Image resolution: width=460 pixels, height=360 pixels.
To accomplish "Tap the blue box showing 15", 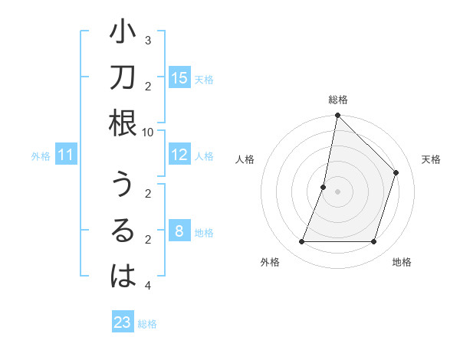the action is coord(179,77).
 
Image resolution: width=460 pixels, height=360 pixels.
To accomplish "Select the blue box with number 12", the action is coord(179,155).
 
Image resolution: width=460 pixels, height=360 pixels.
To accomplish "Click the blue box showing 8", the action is coord(179,231).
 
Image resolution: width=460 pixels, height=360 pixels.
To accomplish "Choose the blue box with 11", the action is coord(66,155).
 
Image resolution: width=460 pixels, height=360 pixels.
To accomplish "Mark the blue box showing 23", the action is coord(123,322).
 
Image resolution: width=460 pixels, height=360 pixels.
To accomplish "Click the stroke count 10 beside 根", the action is coord(149,132).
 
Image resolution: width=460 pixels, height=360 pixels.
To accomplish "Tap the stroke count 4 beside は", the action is coord(148,286).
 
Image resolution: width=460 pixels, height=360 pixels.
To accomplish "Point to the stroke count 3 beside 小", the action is coord(148,40).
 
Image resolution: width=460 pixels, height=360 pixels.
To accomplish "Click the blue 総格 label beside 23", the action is coord(147,324).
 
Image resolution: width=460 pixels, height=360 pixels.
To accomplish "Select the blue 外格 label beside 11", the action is coord(41,156).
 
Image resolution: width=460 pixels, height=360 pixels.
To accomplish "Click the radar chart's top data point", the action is coord(337,116).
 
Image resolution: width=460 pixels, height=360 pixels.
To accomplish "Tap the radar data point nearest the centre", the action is coord(324,187).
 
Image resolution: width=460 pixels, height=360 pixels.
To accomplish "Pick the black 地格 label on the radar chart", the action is coord(402,262).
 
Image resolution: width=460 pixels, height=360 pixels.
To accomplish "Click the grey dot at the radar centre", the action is coord(337,191).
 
